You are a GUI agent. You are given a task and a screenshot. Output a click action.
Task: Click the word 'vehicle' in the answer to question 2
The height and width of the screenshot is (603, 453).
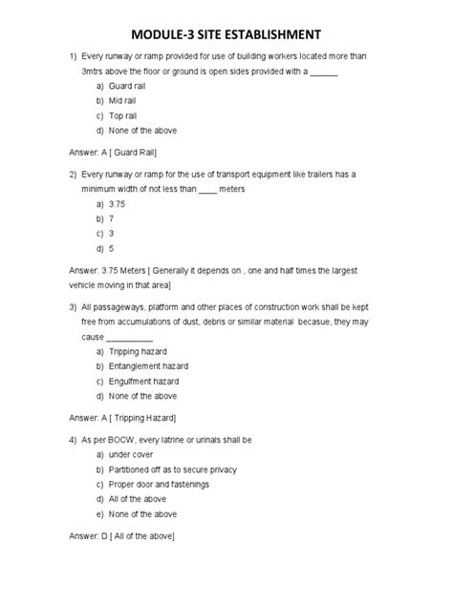[83, 284]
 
